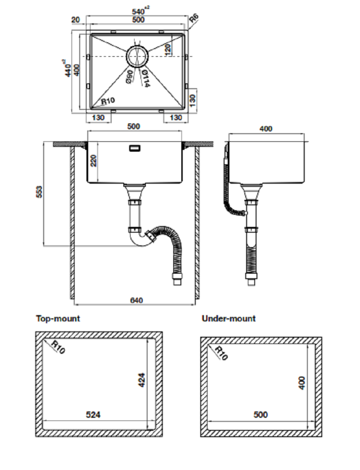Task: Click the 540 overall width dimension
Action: coord(140,11)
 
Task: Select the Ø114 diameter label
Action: coord(145,78)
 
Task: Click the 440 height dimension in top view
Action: coord(67,68)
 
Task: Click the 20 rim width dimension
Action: coord(76,20)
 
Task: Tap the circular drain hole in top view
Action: coord(137,56)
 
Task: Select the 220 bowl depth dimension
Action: coord(94,161)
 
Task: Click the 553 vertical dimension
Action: coord(39,192)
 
